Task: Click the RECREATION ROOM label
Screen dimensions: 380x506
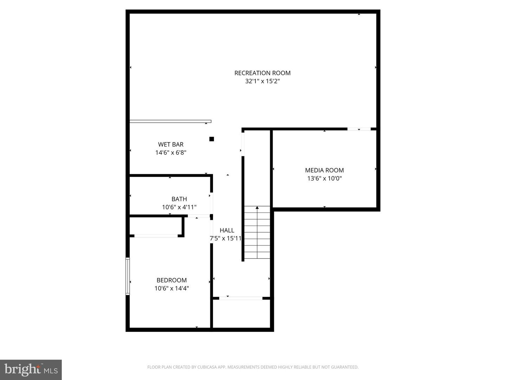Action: [262, 73]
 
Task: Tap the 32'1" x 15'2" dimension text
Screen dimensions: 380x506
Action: [262, 81]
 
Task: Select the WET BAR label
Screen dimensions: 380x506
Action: [171, 144]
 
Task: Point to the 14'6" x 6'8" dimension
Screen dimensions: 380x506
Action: [171, 153]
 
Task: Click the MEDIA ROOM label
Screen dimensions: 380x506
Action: [324, 170]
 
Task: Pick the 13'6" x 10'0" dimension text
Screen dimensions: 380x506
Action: [324, 178]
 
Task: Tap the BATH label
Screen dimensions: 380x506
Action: [179, 199]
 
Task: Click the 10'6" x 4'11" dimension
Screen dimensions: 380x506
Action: [179, 207]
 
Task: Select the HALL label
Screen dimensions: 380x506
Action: [227, 230]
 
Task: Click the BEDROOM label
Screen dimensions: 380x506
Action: [171, 280]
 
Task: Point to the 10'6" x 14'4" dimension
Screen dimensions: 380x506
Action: [171, 289]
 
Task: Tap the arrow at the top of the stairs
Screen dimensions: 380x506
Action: [257, 208]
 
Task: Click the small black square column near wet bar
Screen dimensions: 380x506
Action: [212, 139]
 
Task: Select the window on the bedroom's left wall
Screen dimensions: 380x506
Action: [128, 276]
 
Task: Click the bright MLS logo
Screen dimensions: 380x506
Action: [31, 369]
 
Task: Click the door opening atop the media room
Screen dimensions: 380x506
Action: [359, 129]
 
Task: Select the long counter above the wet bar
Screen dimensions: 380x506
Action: [170, 121]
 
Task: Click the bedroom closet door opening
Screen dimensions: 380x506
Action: [156, 236]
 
